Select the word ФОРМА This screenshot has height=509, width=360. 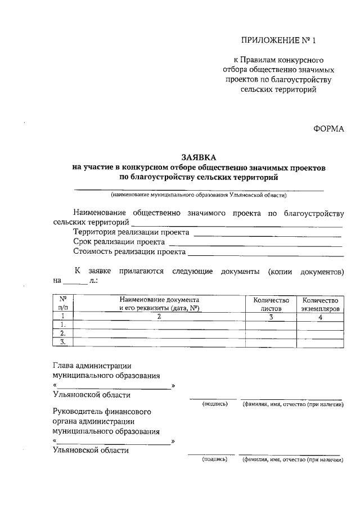tap(328, 129)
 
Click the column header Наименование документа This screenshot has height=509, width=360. tap(160, 304)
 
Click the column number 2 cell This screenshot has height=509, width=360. tap(160, 317)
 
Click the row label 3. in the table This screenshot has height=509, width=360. tap(63, 341)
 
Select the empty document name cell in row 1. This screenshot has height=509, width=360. tap(160, 325)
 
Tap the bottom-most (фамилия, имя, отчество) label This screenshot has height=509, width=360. tap(292, 460)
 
